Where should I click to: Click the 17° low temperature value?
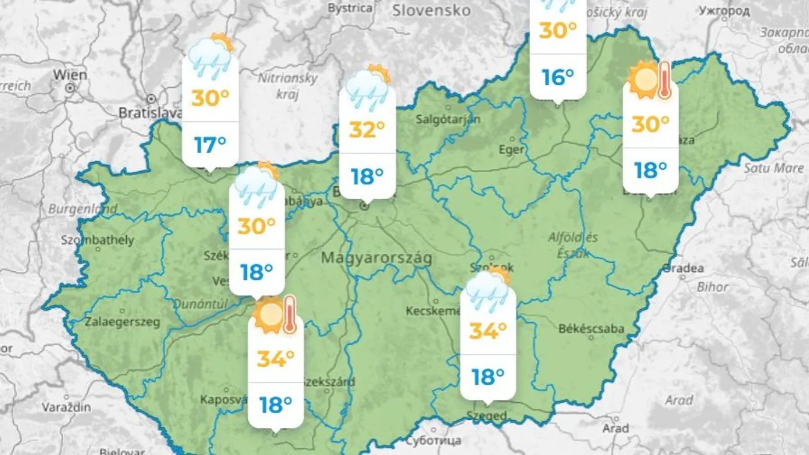(x=210, y=145)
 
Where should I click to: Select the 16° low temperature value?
(x=557, y=77)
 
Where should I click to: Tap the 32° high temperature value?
(x=366, y=129)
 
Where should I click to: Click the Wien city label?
(x=70, y=75)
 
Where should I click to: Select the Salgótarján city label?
(x=448, y=119)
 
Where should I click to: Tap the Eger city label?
(x=512, y=149)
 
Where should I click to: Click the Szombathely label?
(x=97, y=240)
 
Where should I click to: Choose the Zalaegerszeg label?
(x=123, y=322)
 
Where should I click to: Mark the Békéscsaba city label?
(x=591, y=328)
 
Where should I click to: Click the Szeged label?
(x=486, y=415)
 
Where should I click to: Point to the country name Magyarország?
(x=377, y=258)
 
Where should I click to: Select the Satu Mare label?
(x=774, y=168)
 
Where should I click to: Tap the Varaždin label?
(x=66, y=407)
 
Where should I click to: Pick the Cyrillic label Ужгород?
(x=725, y=11)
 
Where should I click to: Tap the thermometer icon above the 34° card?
(x=289, y=314)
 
